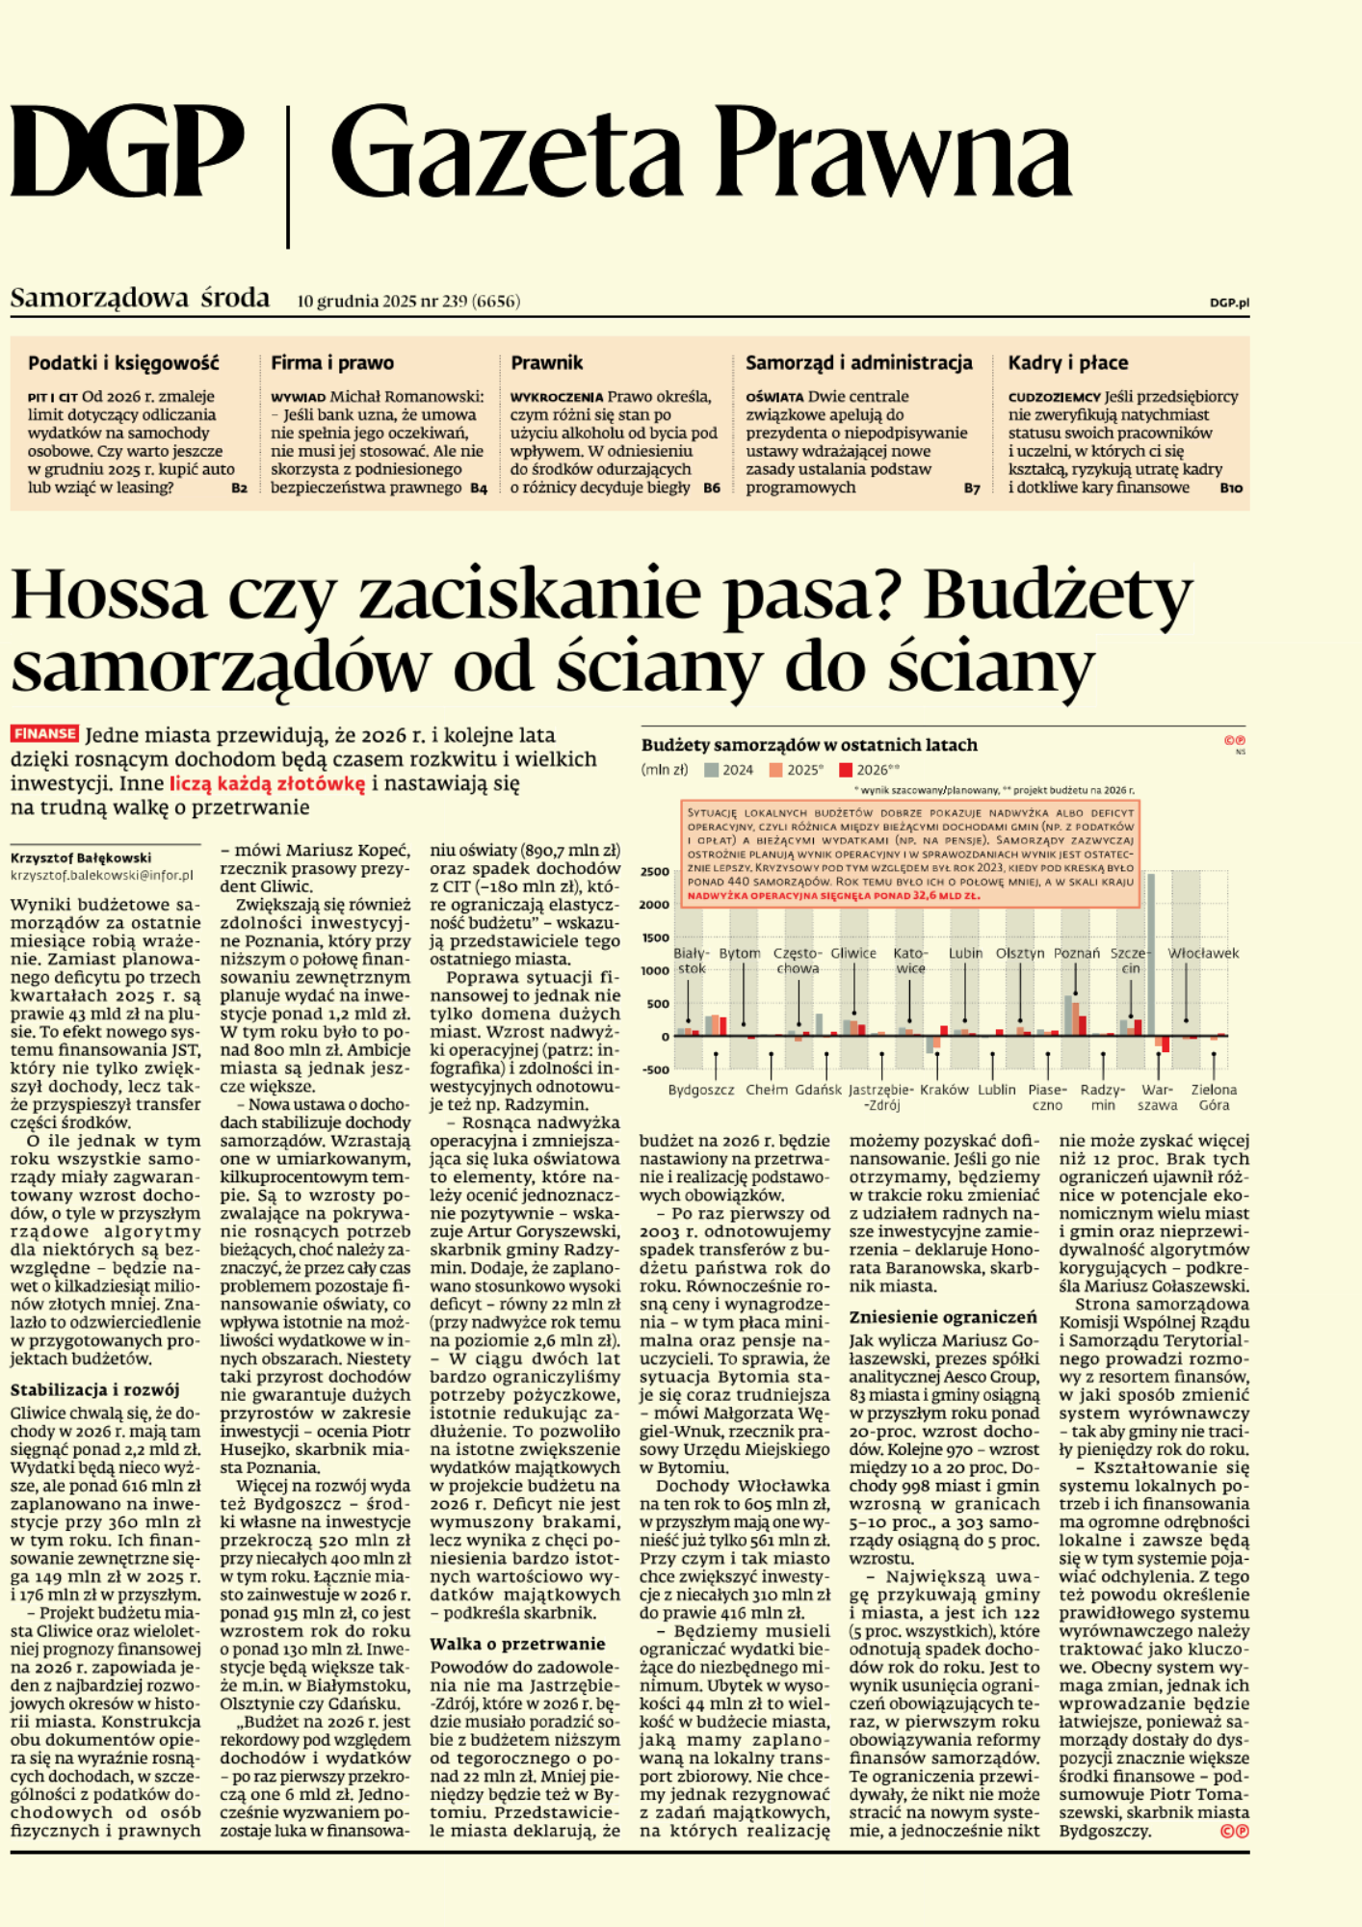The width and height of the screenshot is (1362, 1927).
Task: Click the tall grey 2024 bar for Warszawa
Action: click(1151, 954)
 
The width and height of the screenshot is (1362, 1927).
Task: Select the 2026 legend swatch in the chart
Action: click(846, 770)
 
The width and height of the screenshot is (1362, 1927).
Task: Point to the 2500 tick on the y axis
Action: click(655, 871)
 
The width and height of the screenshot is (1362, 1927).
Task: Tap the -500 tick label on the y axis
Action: click(655, 1069)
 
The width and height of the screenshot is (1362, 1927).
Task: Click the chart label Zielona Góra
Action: click(1214, 1097)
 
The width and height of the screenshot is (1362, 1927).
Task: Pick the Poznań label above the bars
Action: click(1076, 953)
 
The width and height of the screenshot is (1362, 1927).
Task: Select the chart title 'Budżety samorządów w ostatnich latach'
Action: click(809, 745)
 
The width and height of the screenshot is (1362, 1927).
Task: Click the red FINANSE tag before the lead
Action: click(44, 734)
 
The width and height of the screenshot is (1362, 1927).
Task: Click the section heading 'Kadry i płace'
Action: click(1067, 363)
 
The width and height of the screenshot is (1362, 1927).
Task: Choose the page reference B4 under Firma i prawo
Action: click(479, 488)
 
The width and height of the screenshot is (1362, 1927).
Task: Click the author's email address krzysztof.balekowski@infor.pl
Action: click(101, 876)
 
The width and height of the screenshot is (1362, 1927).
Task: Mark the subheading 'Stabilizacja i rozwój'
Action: click(94, 1390)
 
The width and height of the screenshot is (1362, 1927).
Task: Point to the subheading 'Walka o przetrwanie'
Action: click(517, 1644)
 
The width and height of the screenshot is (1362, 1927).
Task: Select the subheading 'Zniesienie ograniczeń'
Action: click(943, 1317)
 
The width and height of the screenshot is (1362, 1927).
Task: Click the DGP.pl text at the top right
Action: click(1229, 303)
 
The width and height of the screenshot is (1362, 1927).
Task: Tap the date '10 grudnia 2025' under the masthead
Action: click(356, 302)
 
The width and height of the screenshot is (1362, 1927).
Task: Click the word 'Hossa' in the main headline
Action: click(108, 595)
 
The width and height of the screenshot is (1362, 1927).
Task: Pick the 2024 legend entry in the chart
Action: click(729, 770)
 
